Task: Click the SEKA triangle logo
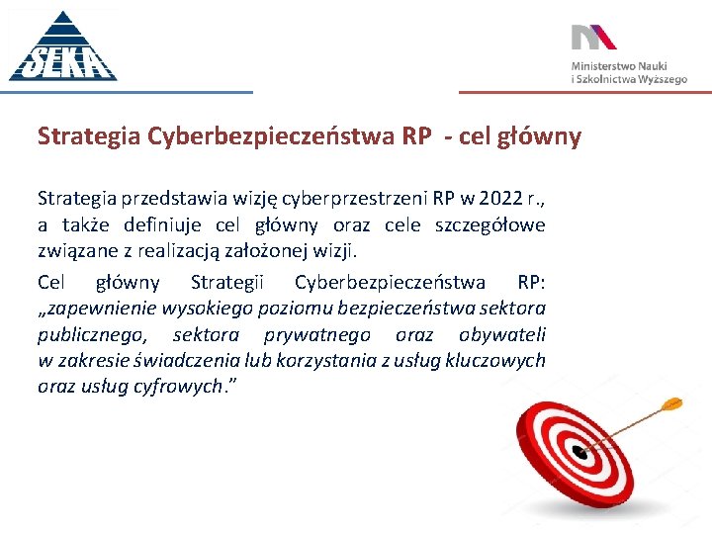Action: click(x=62, y=47)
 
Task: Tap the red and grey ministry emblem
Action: click(x=593, y=38)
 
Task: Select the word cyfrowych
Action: click(x=172, y=386)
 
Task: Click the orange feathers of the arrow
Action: click(x=670, y=402)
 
